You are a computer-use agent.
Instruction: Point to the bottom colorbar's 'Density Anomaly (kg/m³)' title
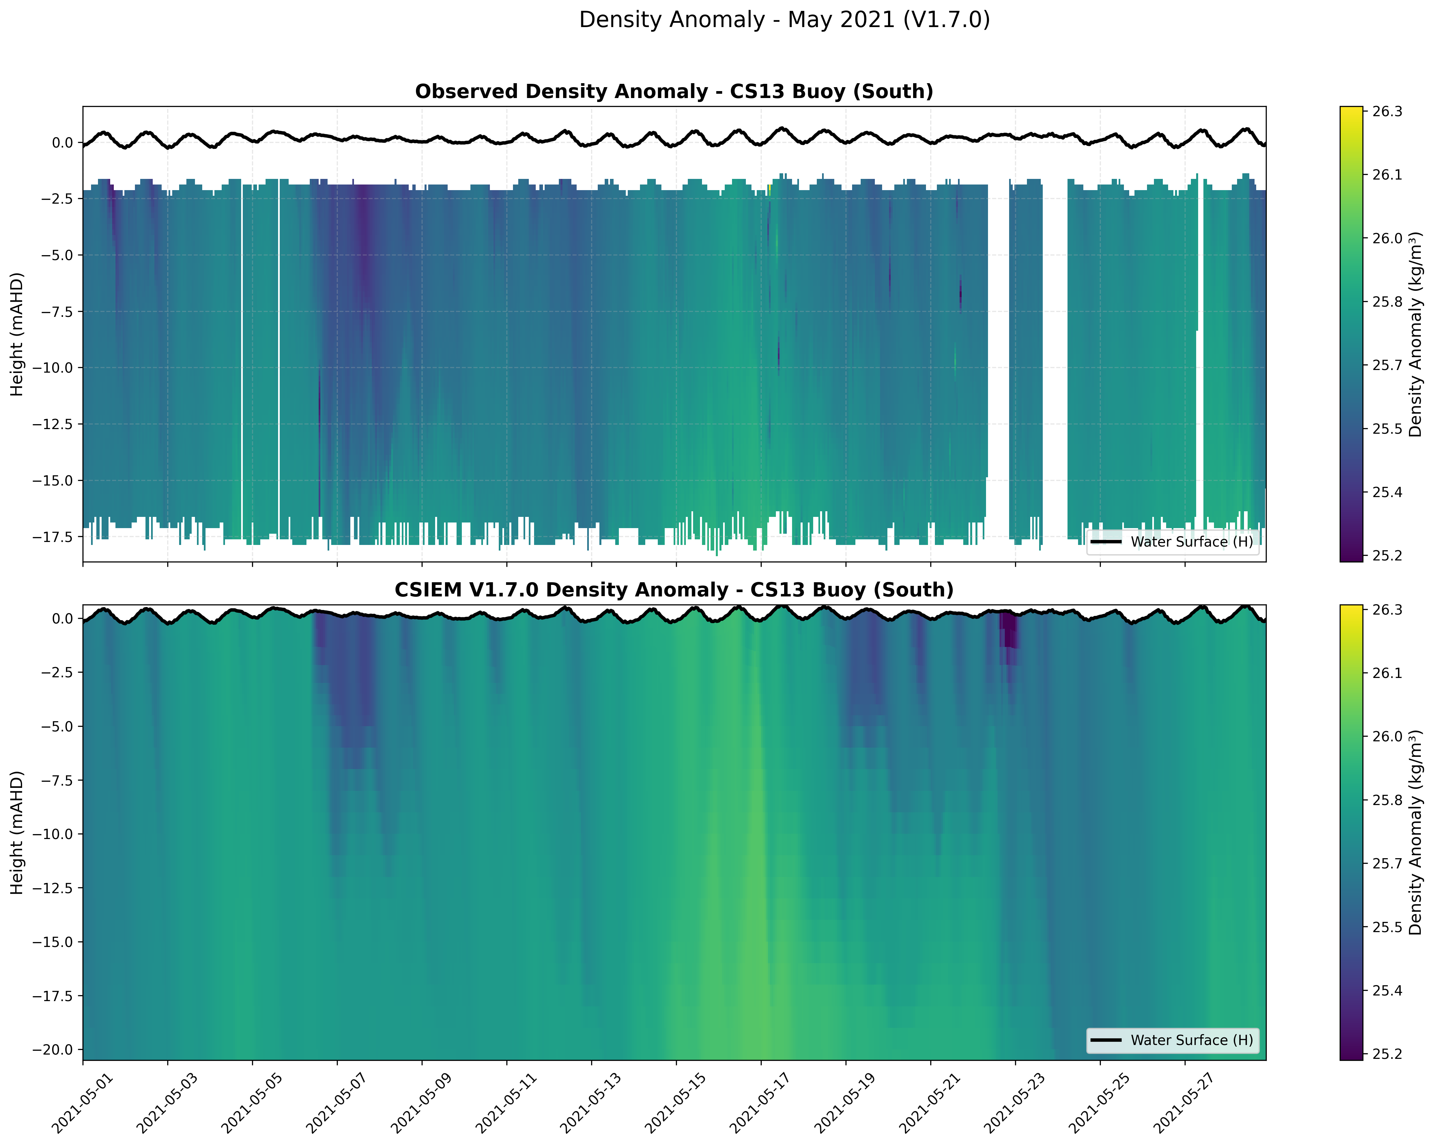(x=1416, y=832)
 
